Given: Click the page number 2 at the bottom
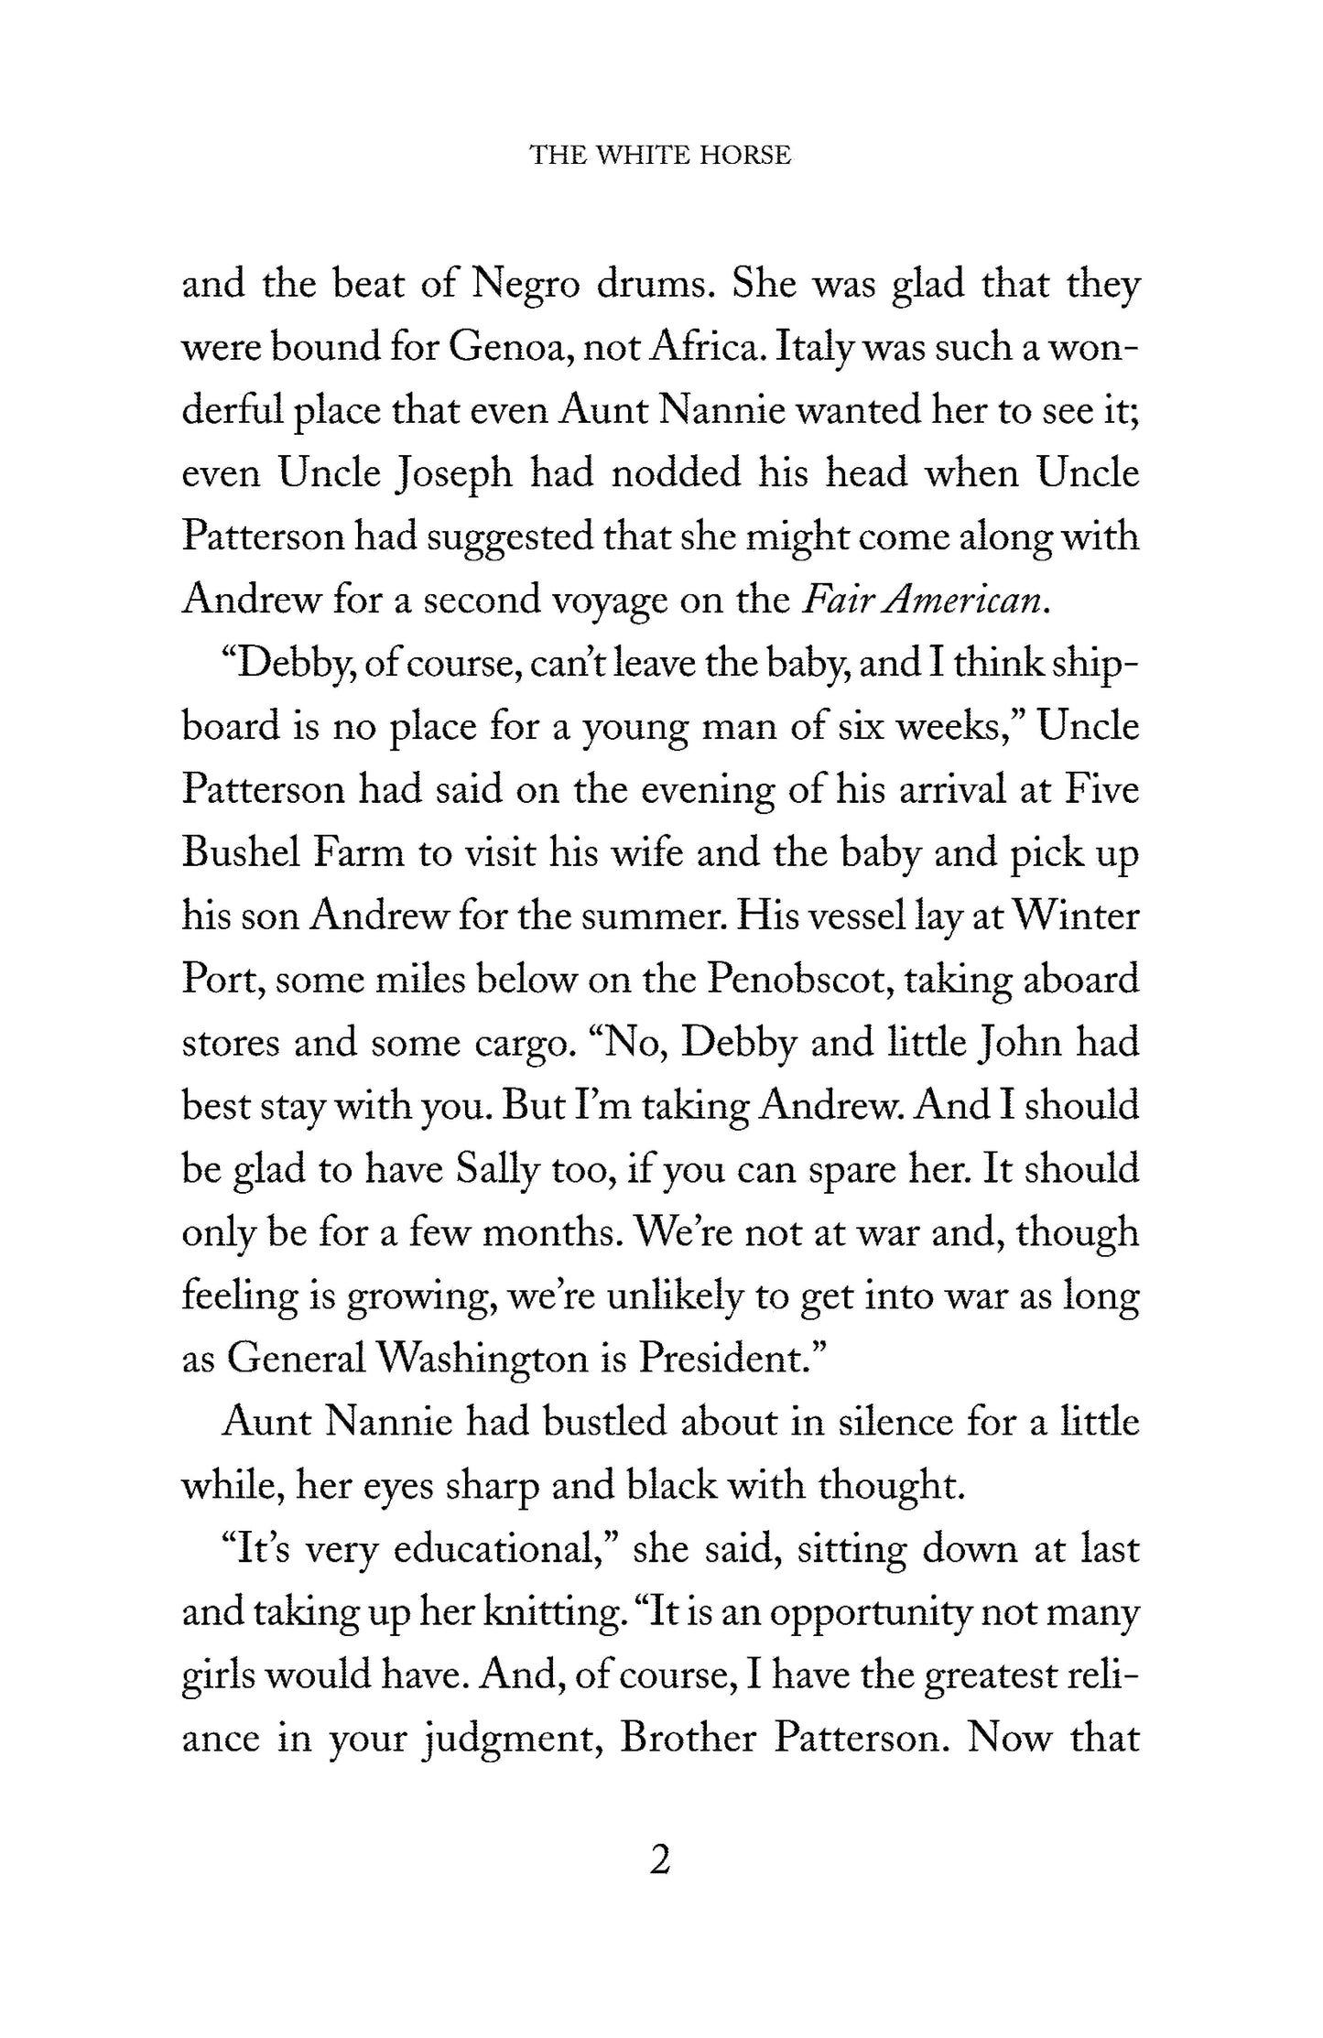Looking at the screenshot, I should pos(659,1859).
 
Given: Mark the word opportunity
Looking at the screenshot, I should pos(870,1612).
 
